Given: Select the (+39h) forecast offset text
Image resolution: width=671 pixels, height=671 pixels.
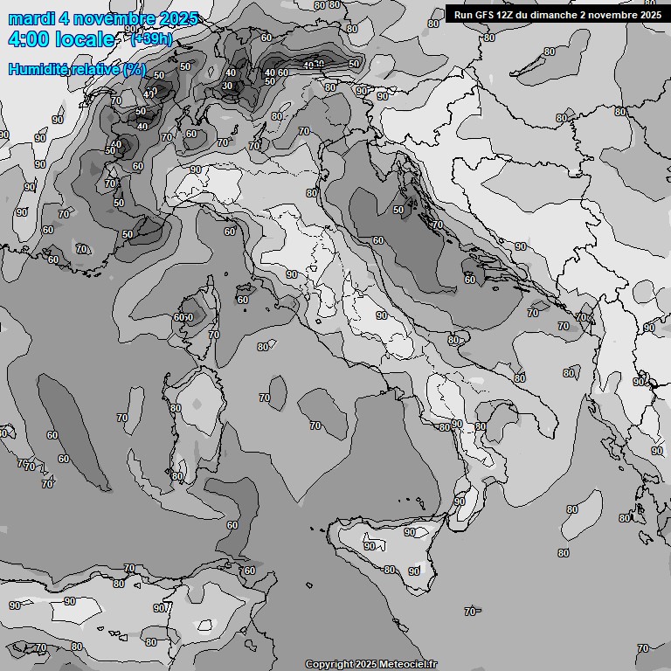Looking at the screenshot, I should click(x=151, y=38).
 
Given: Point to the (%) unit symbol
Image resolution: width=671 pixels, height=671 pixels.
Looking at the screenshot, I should click(x=135, y=69).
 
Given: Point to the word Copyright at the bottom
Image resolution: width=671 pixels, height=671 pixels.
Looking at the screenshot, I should click(x=329, y=664).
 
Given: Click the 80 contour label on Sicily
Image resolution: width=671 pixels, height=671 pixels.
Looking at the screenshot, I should click(x=390, y=570).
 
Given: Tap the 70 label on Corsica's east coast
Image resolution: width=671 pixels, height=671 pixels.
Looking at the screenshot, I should click(x=214, y=335).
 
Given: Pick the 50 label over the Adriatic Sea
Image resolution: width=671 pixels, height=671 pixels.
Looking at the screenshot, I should click(x=398, y=210).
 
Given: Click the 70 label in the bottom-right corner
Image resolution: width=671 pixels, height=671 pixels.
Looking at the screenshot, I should click(x=643, y=648).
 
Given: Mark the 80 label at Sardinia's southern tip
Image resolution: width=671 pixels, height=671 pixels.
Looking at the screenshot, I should click(x=177, y=476).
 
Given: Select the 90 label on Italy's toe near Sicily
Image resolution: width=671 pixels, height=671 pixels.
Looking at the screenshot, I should click(x=460, y=502).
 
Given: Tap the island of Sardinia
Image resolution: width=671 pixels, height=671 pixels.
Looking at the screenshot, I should click(x=197, y=419).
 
